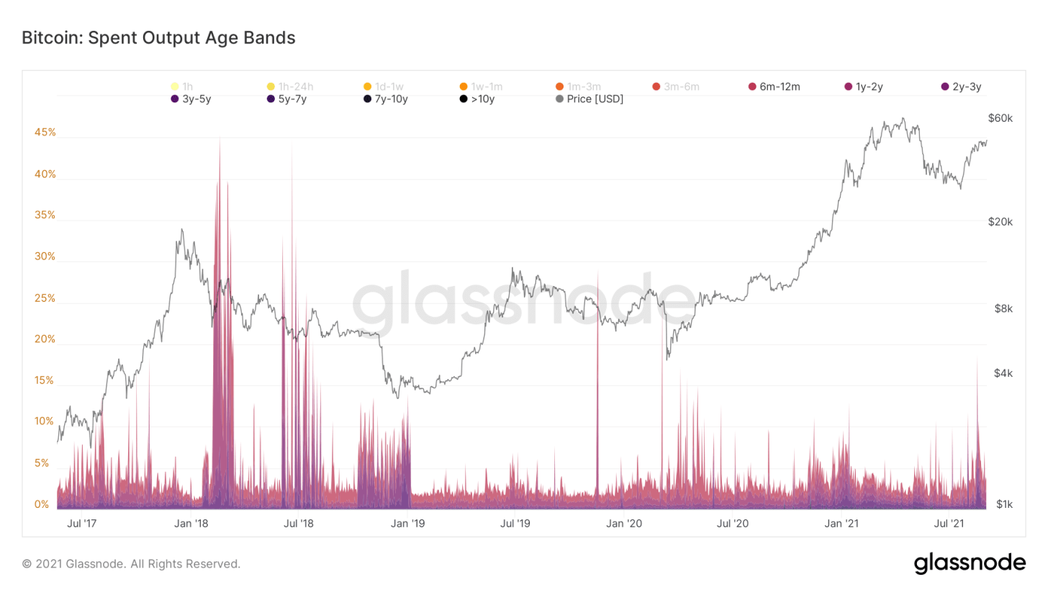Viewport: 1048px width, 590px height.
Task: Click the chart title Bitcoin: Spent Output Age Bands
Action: [158, 37]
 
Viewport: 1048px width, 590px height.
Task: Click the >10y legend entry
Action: [476, 99]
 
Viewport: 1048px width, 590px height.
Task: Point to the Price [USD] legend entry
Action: [589, 99]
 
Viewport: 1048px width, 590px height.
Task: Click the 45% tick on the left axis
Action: [45, 133]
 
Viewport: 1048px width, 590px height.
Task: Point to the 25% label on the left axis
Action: [45, 298]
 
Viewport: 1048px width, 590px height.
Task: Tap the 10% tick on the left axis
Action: [45, 421]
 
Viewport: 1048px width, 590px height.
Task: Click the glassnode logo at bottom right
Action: [970, 563]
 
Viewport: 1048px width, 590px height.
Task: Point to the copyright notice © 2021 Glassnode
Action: [132, 563]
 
